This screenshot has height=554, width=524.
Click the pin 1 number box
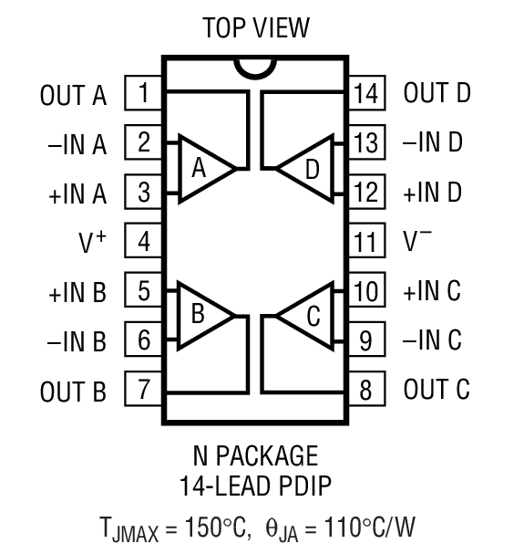(144, 93)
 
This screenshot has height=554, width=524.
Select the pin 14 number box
(365, 93)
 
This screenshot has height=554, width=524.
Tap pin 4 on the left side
(144, 242)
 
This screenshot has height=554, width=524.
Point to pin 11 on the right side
(365, 242)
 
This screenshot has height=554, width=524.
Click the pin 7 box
(144, 391)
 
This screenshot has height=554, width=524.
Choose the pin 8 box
(365, 391)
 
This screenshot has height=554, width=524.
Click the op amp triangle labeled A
(202, 168)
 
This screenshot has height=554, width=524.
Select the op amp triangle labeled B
(202, 316)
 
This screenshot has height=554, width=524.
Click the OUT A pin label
(73, 94)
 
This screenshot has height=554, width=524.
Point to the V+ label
(92, 243)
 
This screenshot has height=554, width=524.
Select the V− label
(418, 242)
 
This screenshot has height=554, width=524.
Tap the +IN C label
(432, 292)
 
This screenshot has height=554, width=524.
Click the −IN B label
(76, 342)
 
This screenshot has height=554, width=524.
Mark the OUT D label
(437, 93)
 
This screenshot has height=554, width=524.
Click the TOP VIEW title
(256, 27)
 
